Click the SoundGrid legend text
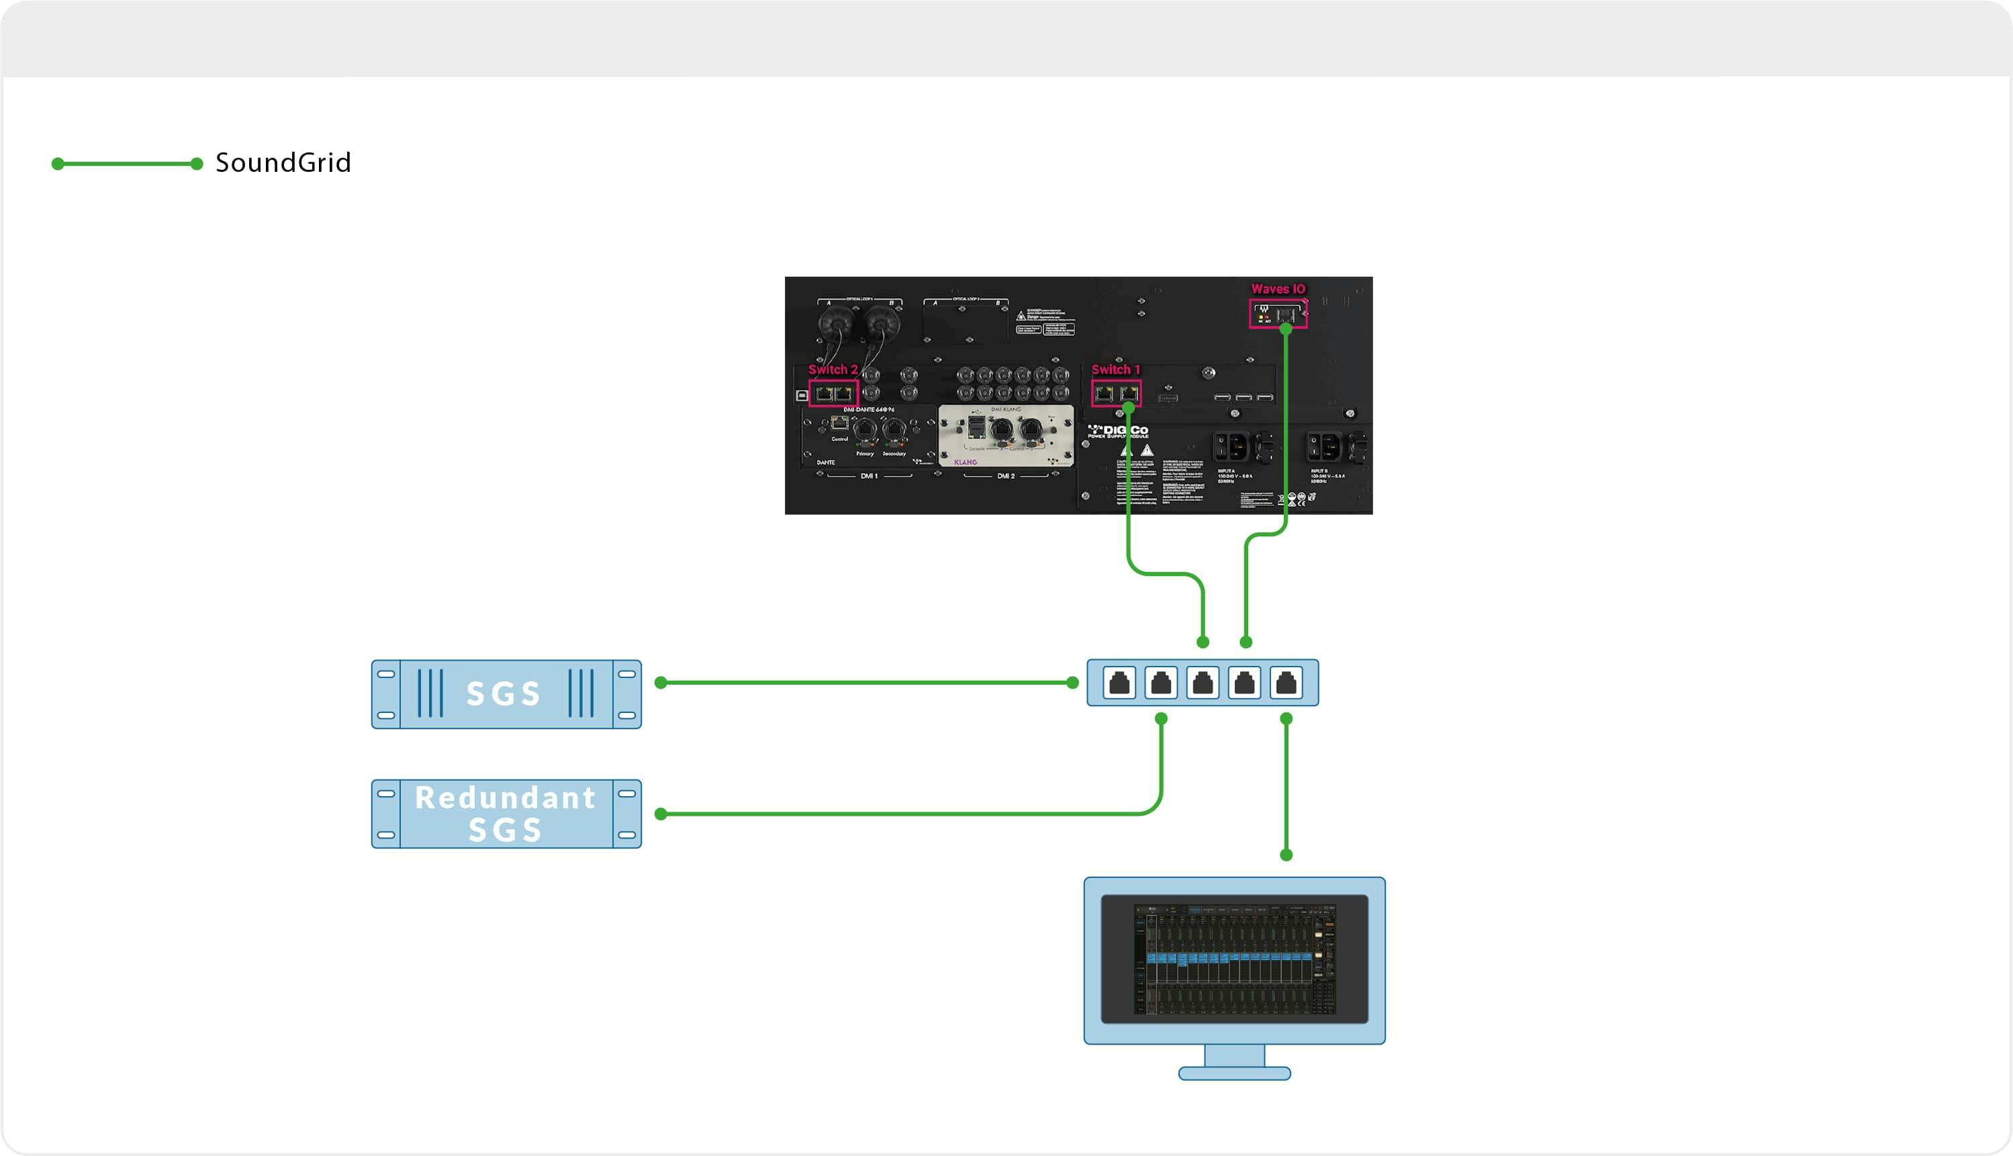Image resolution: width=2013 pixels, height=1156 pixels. pos(283,162)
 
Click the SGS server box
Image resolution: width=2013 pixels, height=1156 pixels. pos(506,694)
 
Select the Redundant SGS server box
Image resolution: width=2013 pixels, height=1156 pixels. pos(506,814)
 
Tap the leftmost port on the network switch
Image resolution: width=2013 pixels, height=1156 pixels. pos(1119,683)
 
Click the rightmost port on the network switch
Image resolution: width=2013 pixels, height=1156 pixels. pos(1286,683)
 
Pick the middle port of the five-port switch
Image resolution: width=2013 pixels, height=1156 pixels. pos(1203,683)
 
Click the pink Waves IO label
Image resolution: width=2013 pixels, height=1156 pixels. pos(1278,289)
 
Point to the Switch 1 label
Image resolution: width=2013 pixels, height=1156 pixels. pos(1115,369)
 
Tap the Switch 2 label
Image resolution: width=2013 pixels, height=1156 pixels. pos(832,369)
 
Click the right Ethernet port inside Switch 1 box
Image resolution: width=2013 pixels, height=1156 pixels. pos(1129,393)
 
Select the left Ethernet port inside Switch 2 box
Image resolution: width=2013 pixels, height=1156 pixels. pos(823,393)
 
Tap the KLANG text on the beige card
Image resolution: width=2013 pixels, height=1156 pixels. pos(966,462)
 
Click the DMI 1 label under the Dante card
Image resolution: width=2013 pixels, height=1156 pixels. pos(869,475)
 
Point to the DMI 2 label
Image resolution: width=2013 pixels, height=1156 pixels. pos(1005,475)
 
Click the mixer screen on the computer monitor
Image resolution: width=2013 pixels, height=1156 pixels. pos(1234,959)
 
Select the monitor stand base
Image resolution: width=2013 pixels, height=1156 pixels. pos(1234,1073)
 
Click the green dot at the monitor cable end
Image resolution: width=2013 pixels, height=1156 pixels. pos(1286,855)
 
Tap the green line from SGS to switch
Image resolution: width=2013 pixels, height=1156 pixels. pos(865,683)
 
